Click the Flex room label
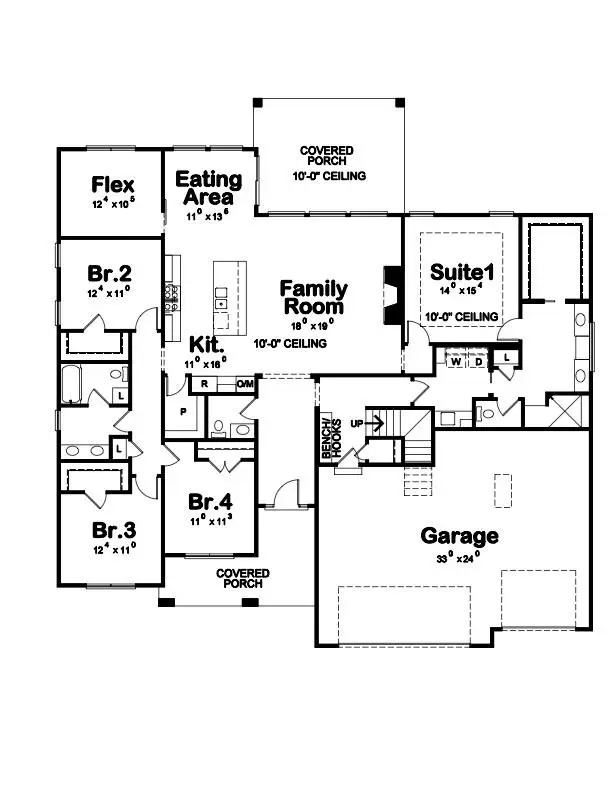[x=113, y=185]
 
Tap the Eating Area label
[x=208, y=188]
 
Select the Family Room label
[x=313, y=297]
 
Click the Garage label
[x=459, y=535]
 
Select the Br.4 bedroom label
[x=210, y=500]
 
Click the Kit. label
[x=206, y=343]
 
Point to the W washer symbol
[x=456, y=362]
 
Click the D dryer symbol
[x=477, y=362]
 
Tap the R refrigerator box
[x=204, y=383]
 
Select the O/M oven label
[x=245, y=384]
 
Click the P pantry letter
[x=183, y=410]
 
